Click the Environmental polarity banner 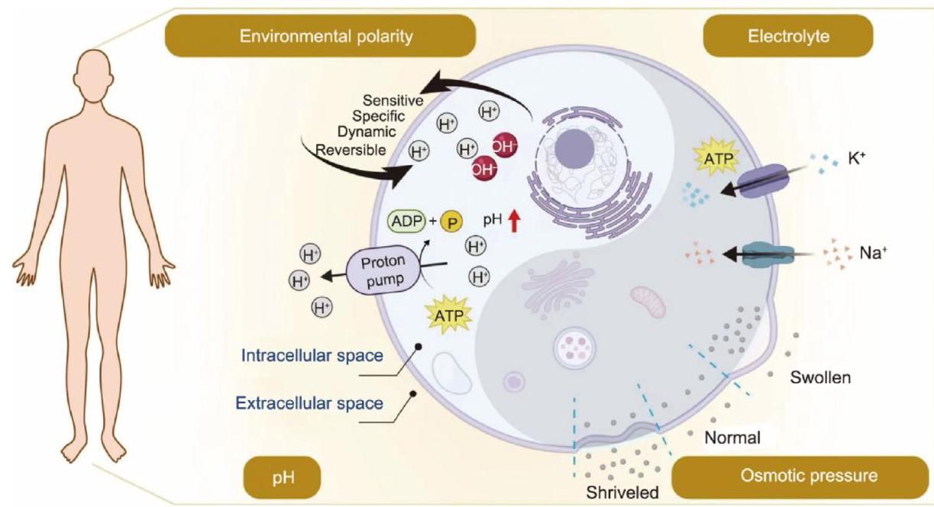click(320, 35)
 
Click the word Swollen click(821, 377)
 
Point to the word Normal click(732, 438)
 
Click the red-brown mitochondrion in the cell click(647, 301)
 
